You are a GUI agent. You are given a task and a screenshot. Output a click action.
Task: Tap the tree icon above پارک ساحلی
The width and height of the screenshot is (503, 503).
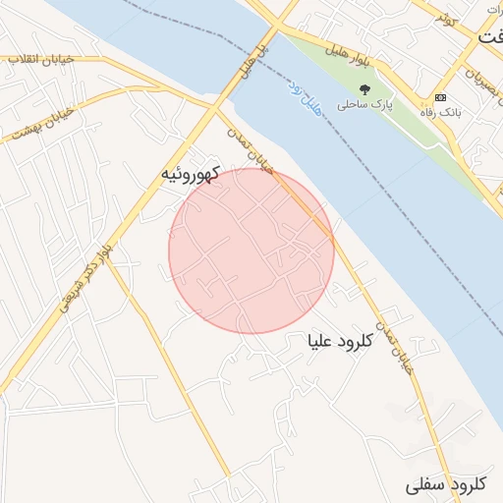tap(364, 87)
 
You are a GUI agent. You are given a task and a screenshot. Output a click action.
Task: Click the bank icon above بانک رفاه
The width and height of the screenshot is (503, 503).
tap(439, 98)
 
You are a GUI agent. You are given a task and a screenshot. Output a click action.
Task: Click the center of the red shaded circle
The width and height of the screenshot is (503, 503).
tap(251, 251)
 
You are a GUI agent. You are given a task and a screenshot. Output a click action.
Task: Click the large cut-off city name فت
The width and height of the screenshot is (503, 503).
tap(490, 36)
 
